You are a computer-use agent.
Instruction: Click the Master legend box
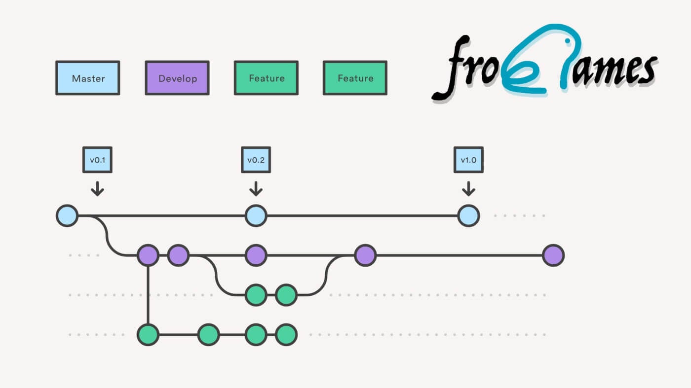(x=88, y=78)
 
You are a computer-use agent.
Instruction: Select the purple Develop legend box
(x=177, y=78)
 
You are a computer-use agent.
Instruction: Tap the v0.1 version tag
(x=97, y=160)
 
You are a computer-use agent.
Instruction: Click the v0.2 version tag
(x=256, y=160)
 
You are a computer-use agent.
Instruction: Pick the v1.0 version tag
(x=468, y=160)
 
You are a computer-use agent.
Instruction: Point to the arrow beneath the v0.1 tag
(x=97, y=188)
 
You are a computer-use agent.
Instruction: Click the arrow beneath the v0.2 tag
(x=256, y=188)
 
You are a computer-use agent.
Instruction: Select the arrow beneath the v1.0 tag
(x=468, y=188)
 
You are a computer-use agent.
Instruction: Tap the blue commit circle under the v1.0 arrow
(x=468, y=216)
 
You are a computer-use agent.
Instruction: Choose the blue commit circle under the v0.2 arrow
(x=256, y=216)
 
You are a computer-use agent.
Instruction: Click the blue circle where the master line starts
(x=67, y=216)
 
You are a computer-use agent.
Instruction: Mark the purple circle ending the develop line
(x=553, y=255)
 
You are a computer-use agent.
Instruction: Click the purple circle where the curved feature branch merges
(x=365, y=255)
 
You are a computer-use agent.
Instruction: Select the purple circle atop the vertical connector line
(x=148, y=255)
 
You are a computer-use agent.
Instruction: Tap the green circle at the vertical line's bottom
(x=148, y=335)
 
